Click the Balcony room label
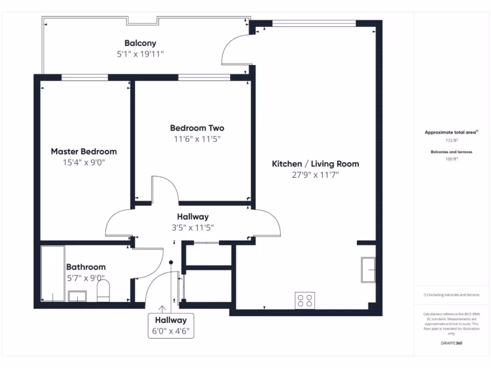[140, 43]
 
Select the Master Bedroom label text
[84, 151]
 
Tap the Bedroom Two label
[197, 128]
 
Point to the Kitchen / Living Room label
[316, 164]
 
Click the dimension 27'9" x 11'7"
[316, 175]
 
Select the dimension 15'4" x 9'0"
[84, 162]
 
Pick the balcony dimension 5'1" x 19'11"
[140, 54]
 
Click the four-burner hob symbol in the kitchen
[305, 300]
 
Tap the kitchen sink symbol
[368, 270]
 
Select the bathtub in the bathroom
[53, 274]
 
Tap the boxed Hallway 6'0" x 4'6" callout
[171, 325]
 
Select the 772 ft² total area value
[451, 141]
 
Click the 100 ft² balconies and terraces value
[451, 159]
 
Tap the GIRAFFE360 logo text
[451, 343]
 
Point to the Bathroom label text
[86, 267]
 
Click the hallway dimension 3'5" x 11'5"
[193, 228]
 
